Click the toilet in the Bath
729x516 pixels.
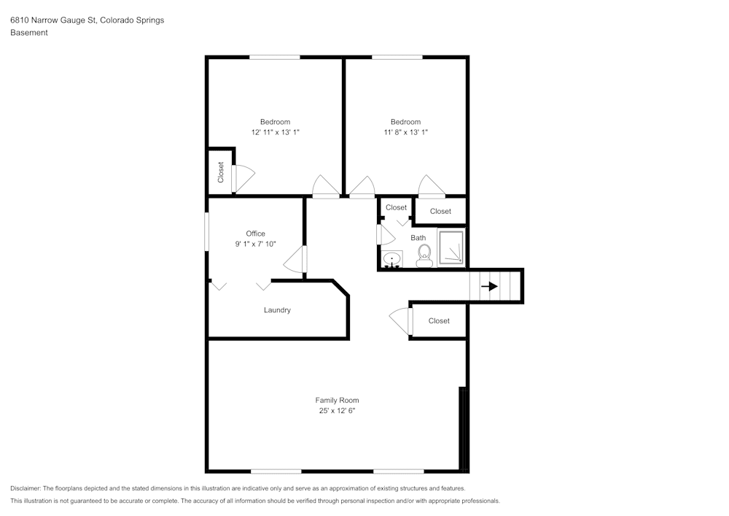424,256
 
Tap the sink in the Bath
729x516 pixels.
392,259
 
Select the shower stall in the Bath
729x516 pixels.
451,247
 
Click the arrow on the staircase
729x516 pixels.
490,286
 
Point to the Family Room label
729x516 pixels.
337,400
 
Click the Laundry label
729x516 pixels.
277,310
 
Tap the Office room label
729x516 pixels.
256,234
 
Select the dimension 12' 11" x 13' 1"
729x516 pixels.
276,132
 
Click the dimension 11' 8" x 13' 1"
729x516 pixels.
405,132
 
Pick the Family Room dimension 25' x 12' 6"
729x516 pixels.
337,410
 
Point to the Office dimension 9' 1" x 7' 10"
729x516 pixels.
256,244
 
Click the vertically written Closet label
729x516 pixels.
221,172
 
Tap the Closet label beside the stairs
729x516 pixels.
439,320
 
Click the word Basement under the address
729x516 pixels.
29,33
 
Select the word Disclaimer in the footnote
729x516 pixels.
25,488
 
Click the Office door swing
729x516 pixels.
295,260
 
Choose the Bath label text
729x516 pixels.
418,238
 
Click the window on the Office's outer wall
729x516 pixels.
207,231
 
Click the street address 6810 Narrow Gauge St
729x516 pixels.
53,20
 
